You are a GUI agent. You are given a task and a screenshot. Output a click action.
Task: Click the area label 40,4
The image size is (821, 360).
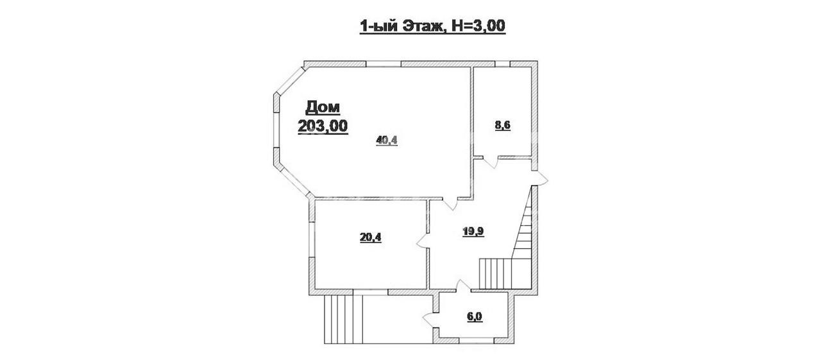click(x=387, y=140)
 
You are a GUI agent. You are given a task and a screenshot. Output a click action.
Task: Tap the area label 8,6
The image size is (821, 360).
click(x=502, y=125)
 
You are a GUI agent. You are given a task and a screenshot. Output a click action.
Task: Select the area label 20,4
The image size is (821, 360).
click(x=371, y=237)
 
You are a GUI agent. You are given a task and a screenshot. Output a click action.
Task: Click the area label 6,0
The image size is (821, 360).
click(x=475, y=316)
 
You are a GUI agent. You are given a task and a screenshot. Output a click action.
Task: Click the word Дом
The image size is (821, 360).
click(x=323, y=107)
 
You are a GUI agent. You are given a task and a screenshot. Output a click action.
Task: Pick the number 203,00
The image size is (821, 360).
click(x=323, y=126)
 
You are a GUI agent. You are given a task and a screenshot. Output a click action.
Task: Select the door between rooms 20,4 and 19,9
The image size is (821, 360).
click(x=424, y=241)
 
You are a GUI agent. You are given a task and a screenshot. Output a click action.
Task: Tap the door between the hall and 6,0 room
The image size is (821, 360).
click(x=463, y=286)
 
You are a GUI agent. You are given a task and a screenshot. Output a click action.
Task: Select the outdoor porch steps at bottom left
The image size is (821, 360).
click(x=343, y=319)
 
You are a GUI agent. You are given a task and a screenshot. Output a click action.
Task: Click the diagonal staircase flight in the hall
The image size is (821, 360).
click(x=522, y=222)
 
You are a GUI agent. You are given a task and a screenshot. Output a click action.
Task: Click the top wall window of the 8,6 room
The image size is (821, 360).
click(x=503, y=64)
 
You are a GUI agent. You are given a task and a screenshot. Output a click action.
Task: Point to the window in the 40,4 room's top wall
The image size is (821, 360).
click(x=384, y=64)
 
